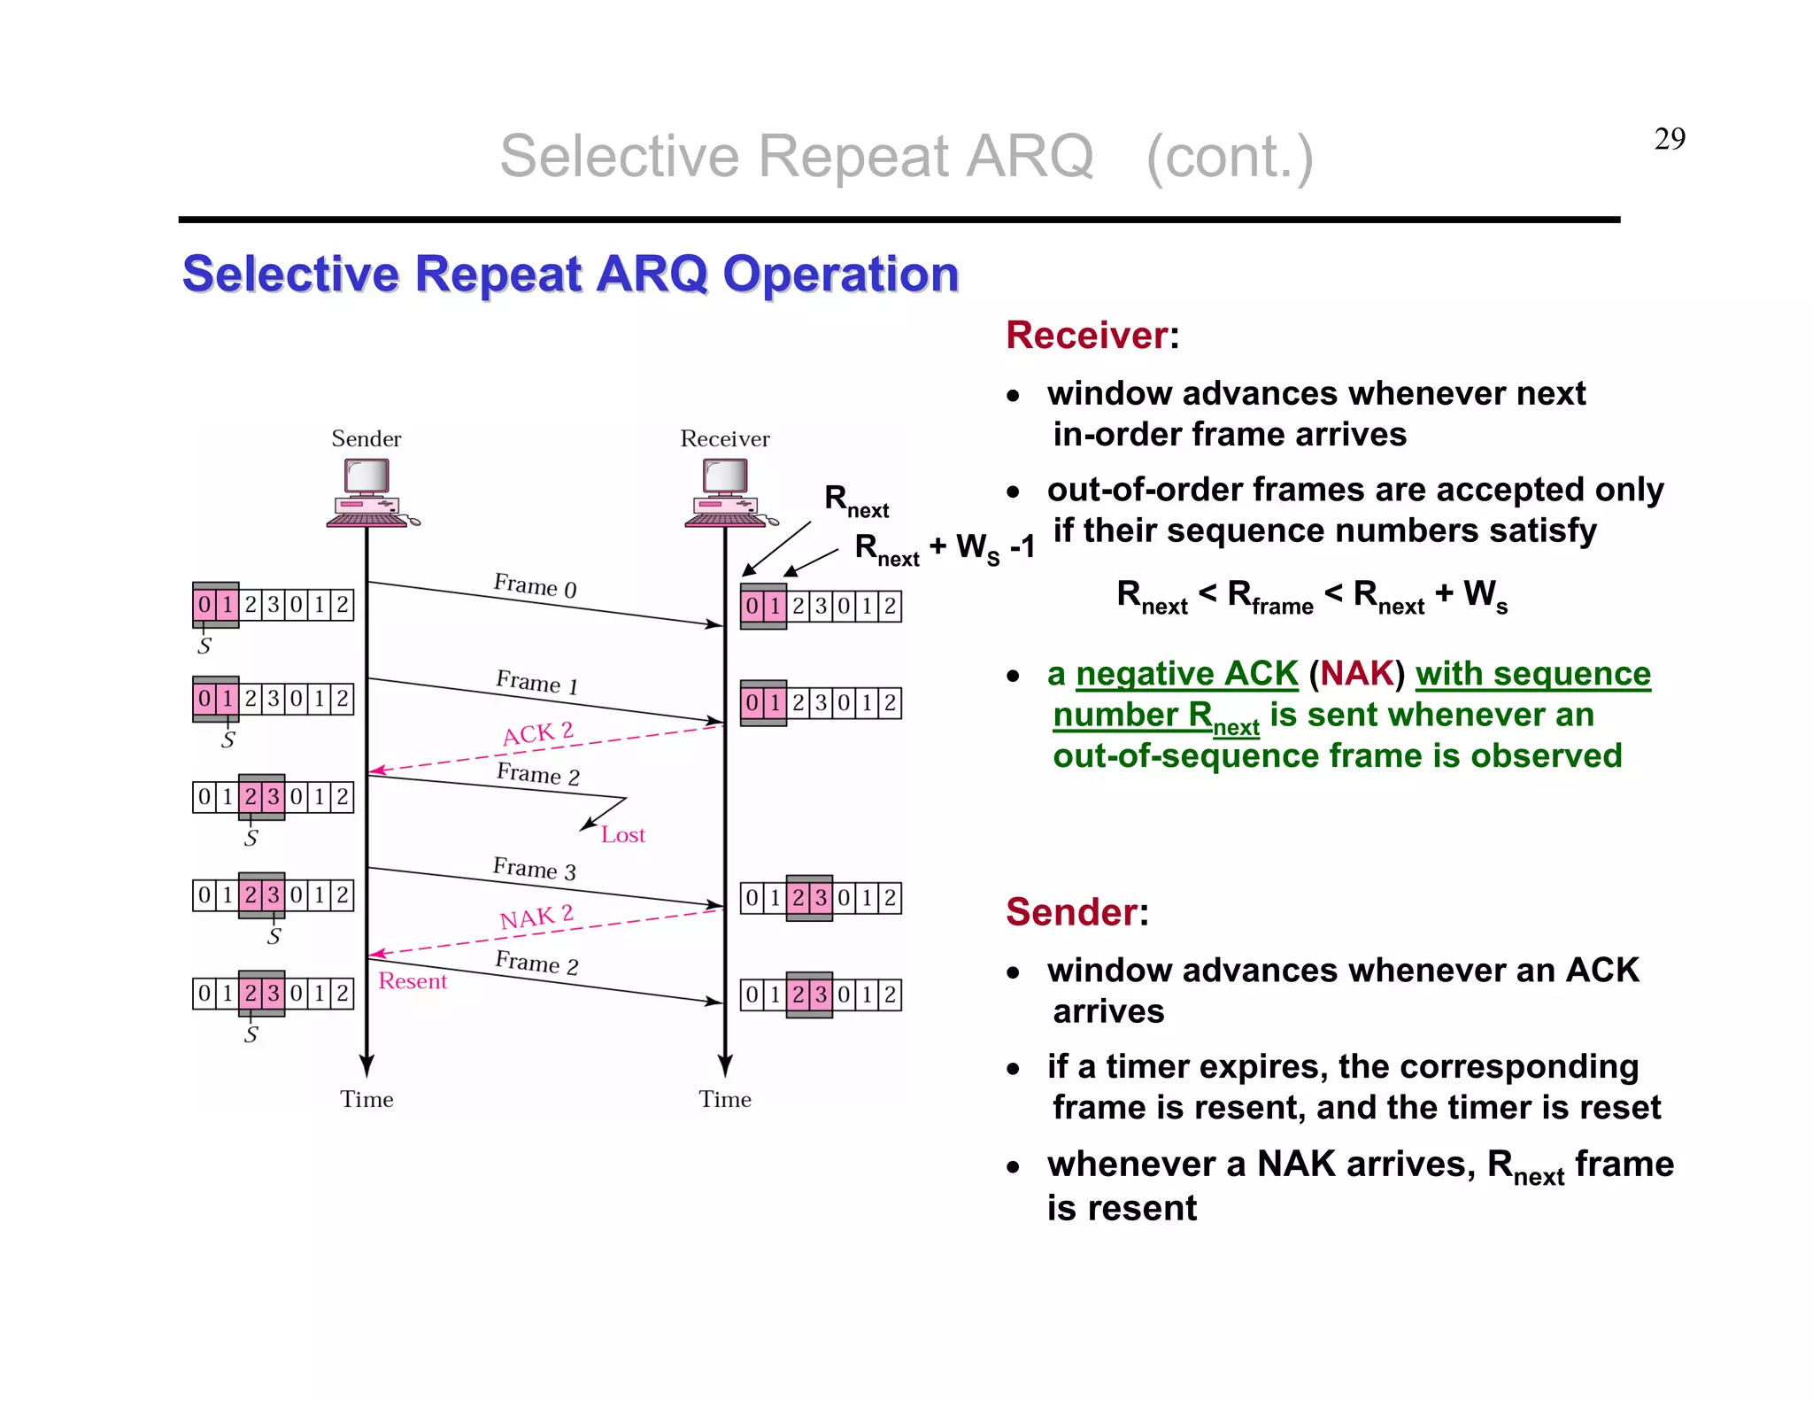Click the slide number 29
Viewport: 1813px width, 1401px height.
(x=1669, y=139)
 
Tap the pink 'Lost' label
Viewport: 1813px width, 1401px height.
(x=622, y=835)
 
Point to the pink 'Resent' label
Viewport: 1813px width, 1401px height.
(x=413, y=981)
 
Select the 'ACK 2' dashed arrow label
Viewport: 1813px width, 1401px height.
(x=537, y=734)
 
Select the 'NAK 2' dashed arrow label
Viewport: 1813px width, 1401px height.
(x=536, y=917)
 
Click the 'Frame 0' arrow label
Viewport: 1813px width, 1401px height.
(x=535, y=585)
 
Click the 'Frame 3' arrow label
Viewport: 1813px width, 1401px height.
(x=534, y=868)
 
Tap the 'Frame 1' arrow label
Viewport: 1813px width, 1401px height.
(x=536, y=682)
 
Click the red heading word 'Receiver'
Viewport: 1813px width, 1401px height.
(x=1086, y=336)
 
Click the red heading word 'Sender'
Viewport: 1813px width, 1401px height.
(x=1071, y=912)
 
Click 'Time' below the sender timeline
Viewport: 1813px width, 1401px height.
(x=366, y=1099)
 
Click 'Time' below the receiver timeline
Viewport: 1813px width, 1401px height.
(x=724, y=1099)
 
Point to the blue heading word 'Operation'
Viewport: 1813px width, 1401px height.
(x=840, y=274)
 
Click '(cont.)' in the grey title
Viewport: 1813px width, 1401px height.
(x=1229, y=157)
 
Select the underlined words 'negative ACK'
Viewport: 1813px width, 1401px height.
(x=1186, y=674)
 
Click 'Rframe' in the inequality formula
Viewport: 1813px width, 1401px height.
(x=1269, y=596)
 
